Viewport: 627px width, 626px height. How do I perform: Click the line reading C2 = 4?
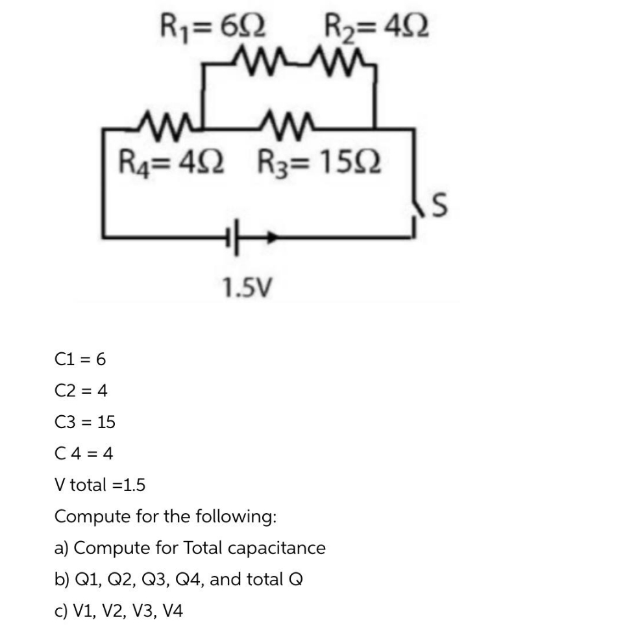pyautogui.click(x=81, y=391)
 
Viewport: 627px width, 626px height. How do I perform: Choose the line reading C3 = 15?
pyautogui.click(x=85, y=422)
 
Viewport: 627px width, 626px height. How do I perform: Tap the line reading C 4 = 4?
pyautogui.click(x=84, y=453)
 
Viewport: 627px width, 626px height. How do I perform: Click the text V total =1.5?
pyautogui.click(x=100, y=485)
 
